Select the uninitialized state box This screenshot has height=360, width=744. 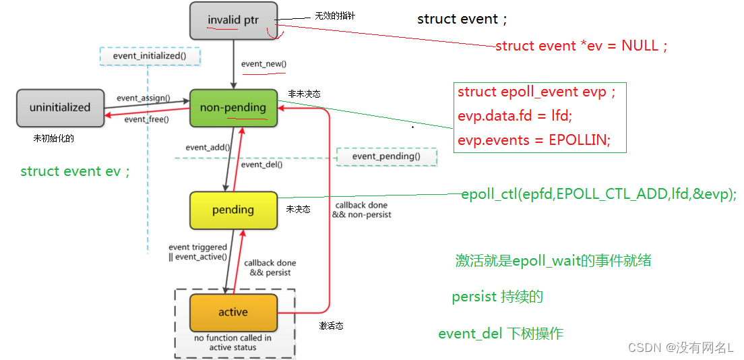coord(60,108)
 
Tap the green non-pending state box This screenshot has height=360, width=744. coord(233,108)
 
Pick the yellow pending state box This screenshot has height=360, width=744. coord(233,210)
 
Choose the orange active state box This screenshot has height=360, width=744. coord(233,312)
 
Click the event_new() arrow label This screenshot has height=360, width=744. coord(264,64)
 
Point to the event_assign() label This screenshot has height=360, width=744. coord(144,99)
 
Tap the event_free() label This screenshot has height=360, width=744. coord(147,120)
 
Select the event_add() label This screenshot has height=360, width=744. coord(208,148)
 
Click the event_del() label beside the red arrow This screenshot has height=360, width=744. coord(262,164)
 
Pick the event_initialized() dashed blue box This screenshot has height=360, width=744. coord(150,56)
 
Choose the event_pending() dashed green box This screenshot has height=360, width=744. coord(387,156)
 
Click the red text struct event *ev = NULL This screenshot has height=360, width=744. coord(582,46)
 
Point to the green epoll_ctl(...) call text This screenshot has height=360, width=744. coord(599,195)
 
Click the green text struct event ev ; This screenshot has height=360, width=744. coord(75,171)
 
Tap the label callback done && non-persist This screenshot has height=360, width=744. coord(362,210)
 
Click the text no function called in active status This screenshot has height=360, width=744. coord(233,343)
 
